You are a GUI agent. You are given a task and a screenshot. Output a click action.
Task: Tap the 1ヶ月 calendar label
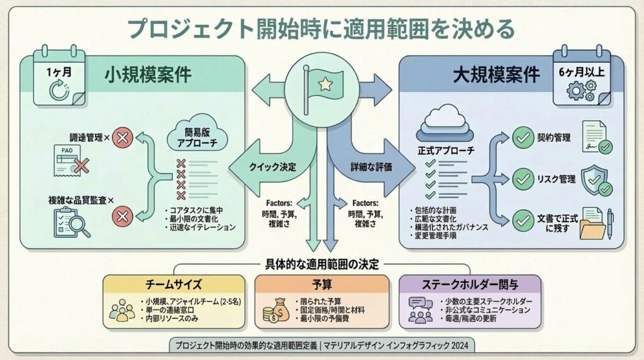(x=58, y=72)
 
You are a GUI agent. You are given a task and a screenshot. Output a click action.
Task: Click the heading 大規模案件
(x=496, y=76)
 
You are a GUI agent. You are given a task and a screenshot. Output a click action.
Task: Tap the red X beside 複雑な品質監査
(x=122, y=217)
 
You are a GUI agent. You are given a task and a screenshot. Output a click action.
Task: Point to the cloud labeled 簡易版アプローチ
(x=197, y=135)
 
